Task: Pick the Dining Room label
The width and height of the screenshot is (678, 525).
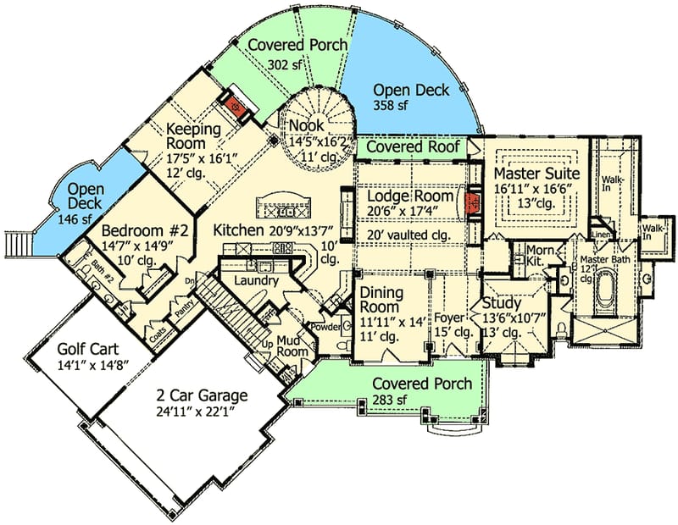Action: tap(386, 300)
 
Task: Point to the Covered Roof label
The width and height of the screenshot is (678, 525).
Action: tap(413, 147)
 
